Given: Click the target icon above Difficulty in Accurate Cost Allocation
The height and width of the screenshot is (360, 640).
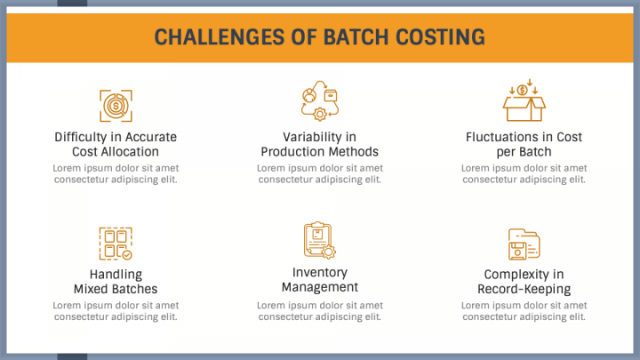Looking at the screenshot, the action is pos(116,106).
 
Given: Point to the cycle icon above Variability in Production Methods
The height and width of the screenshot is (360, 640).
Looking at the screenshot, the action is pos(320,100).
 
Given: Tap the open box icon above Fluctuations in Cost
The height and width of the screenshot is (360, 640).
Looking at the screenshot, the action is pos(524,100).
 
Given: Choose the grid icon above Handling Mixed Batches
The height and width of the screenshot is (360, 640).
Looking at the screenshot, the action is pos(116,244).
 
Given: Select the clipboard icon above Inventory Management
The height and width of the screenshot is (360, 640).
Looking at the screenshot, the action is pos(320,240).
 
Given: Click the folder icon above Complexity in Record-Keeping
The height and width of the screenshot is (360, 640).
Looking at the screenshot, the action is pos(524,244).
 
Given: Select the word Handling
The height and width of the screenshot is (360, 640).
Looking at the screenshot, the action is pos(116,275).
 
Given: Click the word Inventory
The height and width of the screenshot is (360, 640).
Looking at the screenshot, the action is pos(320,273).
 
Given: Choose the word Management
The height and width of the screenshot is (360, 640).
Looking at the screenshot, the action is pos(320,287).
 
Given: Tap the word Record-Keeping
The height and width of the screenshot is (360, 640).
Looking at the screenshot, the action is pos(524,289).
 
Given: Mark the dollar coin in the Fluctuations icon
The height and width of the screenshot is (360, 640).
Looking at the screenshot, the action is pos(522,90).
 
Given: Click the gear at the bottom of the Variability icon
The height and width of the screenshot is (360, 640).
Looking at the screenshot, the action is pos(320,115).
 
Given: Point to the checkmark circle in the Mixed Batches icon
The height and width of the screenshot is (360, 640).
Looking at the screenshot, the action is pos(127,255).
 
